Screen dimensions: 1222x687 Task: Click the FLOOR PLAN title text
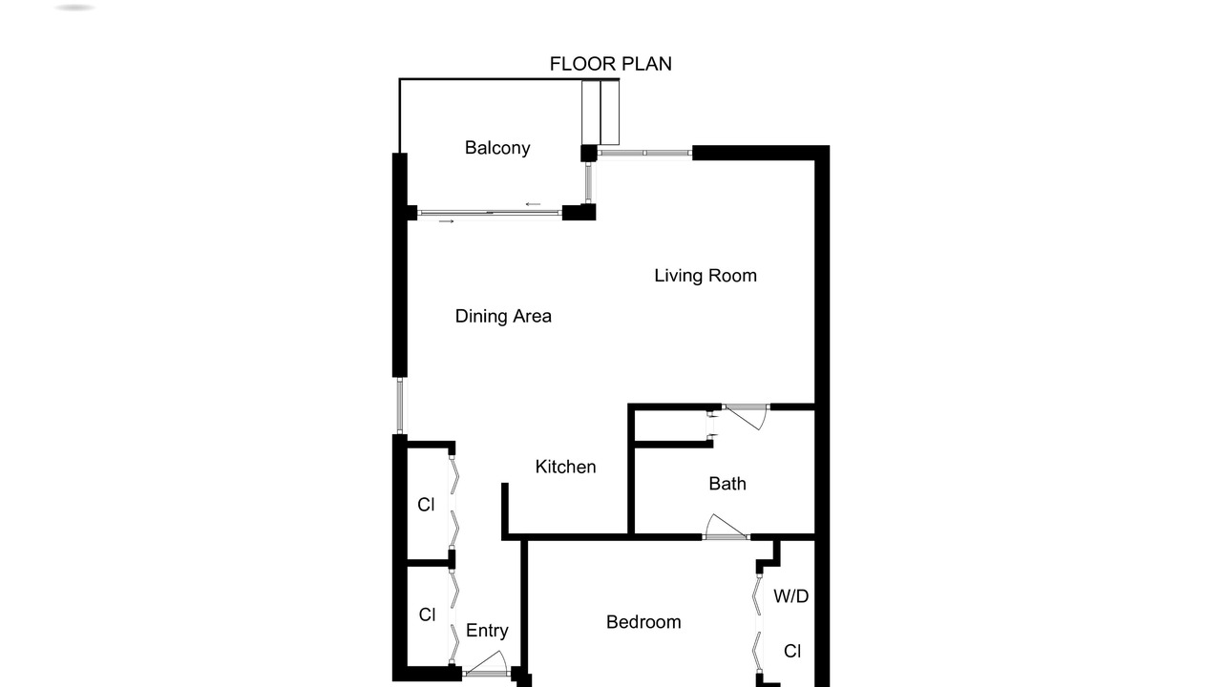(610, 64)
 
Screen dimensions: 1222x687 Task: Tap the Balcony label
(497, 148)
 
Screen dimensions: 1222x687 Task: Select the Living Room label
(706, 276)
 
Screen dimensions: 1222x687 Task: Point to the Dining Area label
(503, 316)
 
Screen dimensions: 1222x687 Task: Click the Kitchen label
(565, 467)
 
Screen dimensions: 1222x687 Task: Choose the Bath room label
(727, 484)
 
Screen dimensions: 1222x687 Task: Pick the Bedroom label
(643, 622)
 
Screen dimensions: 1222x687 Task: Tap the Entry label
(487, 631)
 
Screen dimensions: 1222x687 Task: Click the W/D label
(791, 596)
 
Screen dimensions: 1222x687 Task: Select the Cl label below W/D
(792, 651)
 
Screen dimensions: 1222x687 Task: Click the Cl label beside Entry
(427, 614)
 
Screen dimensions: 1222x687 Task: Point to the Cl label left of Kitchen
(426, 505)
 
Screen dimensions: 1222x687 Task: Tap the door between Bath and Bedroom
(726, 527)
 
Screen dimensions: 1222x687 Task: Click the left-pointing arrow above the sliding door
(533, 204)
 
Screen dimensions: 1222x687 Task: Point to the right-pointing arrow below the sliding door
(446, 221)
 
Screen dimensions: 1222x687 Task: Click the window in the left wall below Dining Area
(400, 406)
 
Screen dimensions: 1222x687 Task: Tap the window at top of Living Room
(644, 154)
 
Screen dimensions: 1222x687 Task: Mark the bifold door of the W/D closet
(758, 622)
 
